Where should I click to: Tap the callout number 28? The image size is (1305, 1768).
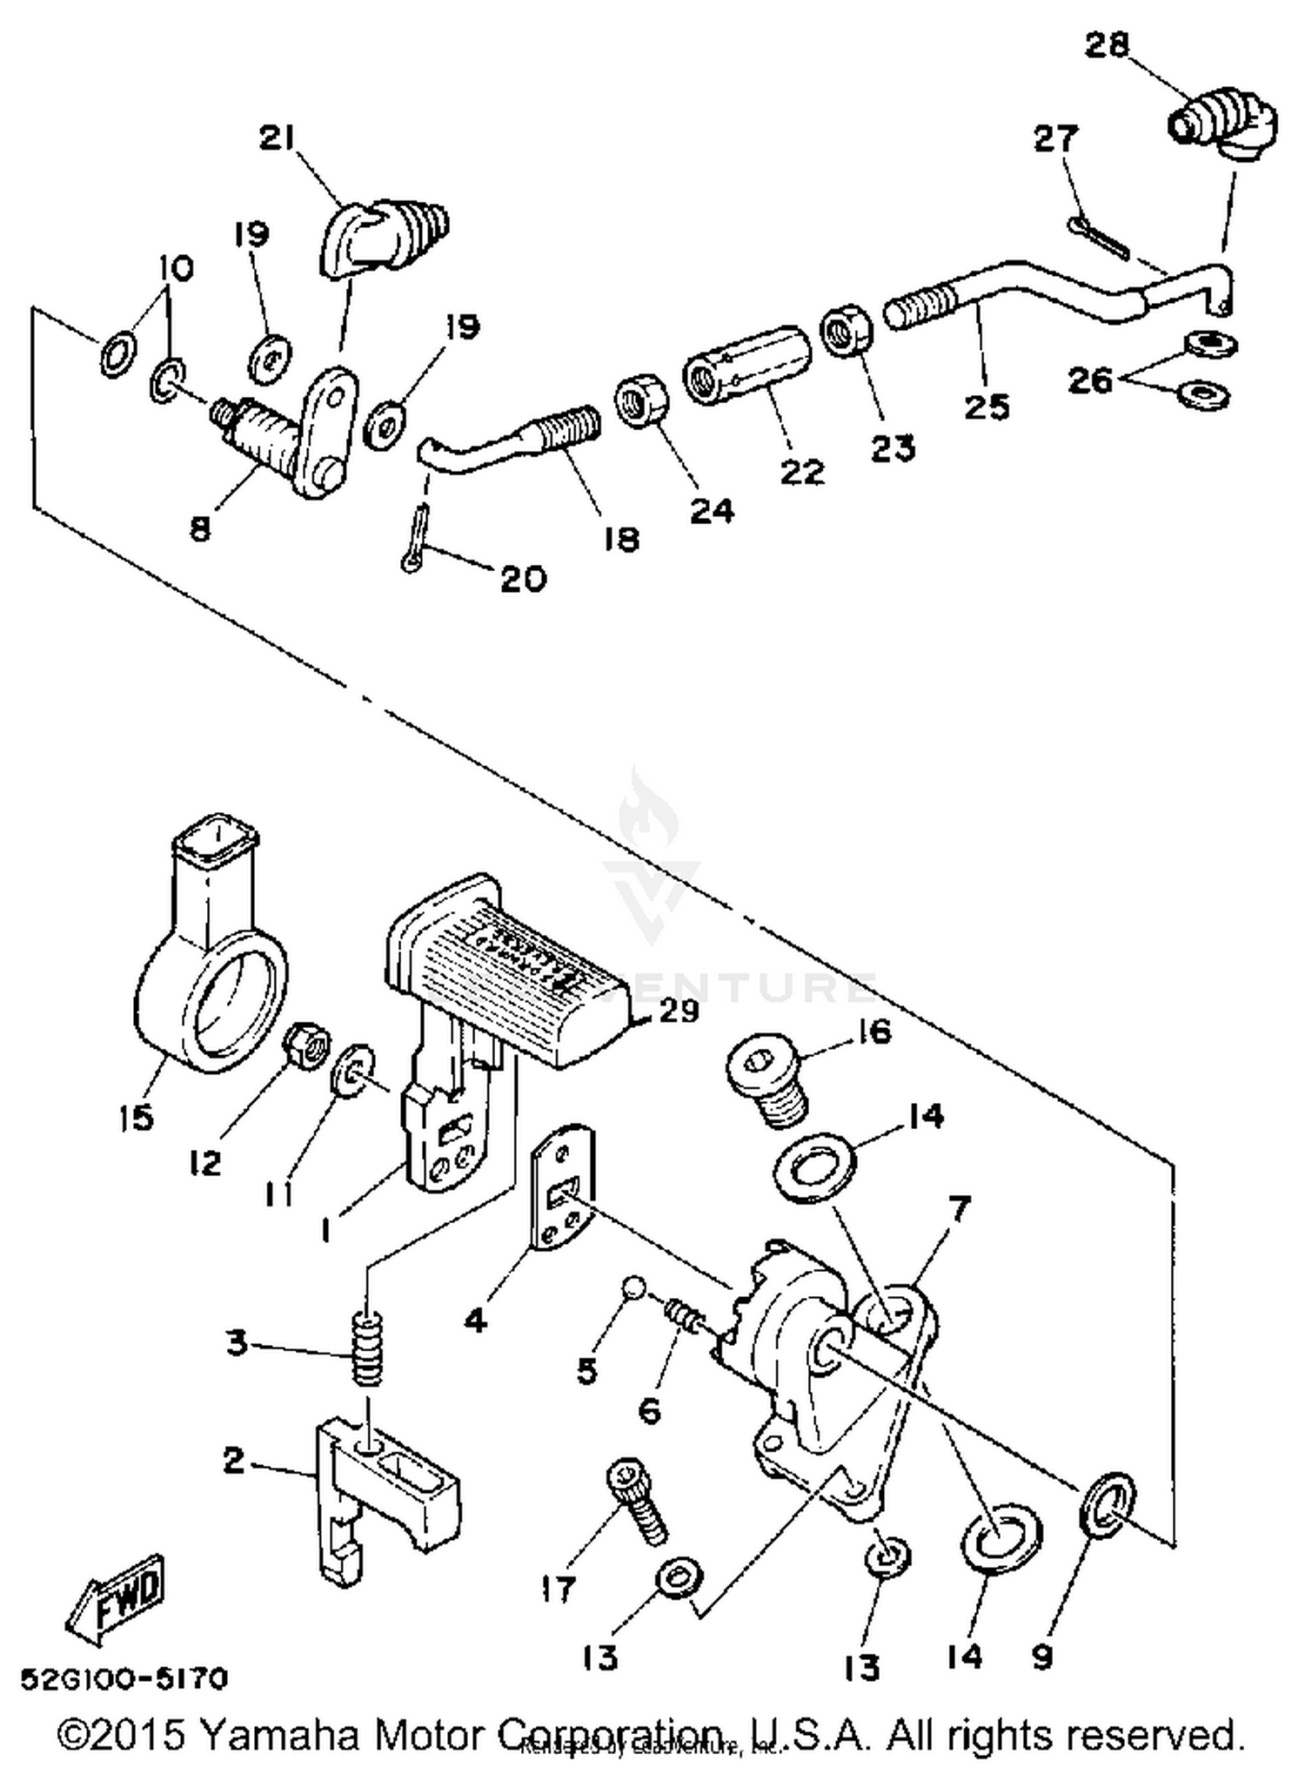point(1107,45)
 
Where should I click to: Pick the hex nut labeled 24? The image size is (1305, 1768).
point(641,402)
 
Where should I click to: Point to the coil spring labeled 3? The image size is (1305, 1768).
point(368,1348)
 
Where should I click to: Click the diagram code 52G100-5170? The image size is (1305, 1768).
point(124,1677)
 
